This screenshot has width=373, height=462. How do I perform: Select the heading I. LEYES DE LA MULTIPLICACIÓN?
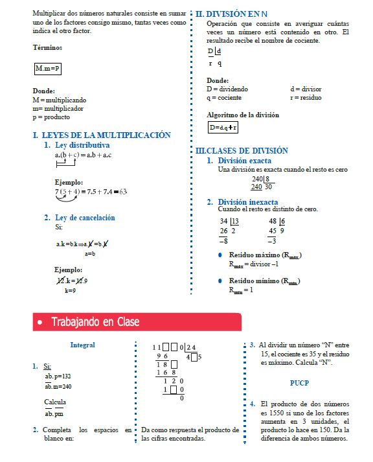pos(102,135)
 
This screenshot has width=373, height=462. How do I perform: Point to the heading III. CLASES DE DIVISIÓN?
pos(242,150)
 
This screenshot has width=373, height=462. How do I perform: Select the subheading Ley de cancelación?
pos(85,218)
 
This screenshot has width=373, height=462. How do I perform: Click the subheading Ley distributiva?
pos(82,145)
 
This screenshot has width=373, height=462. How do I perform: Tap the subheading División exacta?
pos(244,160)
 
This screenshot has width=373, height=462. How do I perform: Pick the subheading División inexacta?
pos(247,202)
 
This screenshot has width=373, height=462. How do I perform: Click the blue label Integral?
pos(82,345)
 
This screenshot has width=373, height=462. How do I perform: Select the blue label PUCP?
pos(299,382)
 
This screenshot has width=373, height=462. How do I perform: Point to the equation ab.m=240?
pos(58,386)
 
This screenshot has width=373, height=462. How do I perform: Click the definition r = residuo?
pos(306,98)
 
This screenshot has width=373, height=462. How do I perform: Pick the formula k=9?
pos(70,291)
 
